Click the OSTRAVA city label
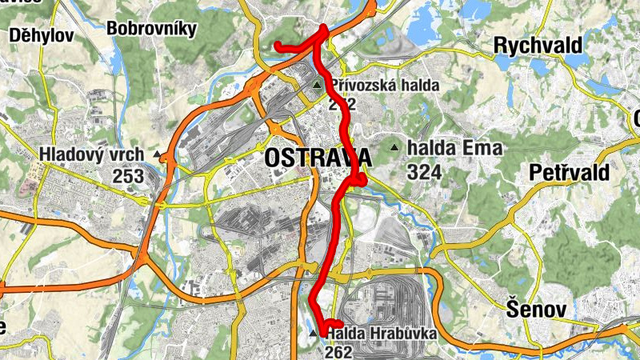coord(317,158)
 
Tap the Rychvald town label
coord(538,46)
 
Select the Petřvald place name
coord(570,172)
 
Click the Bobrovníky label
coord(151,30)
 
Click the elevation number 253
coord(128,175)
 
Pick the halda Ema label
coord(454,148)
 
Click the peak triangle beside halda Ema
coord(394,148)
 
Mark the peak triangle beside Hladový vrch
coord(158,154)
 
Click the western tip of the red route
coord(278,46)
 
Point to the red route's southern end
coord(340,322)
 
